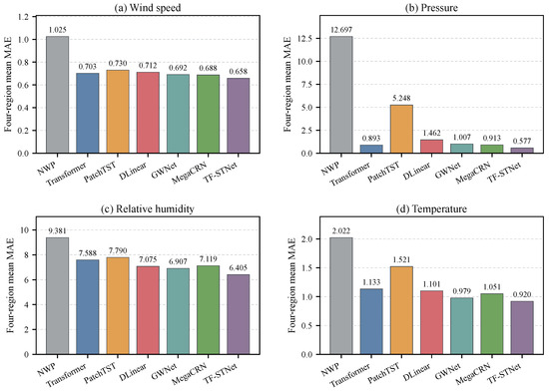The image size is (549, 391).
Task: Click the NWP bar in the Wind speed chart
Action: pyautogui.click(x=58, y=95)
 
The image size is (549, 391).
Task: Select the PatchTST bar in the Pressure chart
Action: pyautogui.click(x=401, y=129)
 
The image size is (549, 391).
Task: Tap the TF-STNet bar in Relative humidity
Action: pyautogui.click(x=239, y=314)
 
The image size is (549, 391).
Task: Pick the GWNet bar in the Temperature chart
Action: pyautogui.click(x=462, y=326)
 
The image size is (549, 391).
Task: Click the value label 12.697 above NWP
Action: pyautogui.click(x=341, y=30)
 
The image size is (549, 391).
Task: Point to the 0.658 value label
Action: pyautogui.click(x=239, y=72)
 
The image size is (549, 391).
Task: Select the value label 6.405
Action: pyautogui.click(x=239, y=268)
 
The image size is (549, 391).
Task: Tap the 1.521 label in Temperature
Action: pyautogui.click(x=401, y=260)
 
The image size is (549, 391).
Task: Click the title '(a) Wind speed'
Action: pyautogui.click(x=148, y=8)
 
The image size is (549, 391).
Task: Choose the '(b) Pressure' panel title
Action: pyautogui.click(x=431, y=8)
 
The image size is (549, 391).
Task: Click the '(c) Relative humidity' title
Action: pyautogui.click(x=148, y=209)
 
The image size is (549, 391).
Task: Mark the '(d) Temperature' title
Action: pyautogui.click(x=431, y=209)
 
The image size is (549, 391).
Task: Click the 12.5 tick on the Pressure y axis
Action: pyautogui.click(x=305, y=39)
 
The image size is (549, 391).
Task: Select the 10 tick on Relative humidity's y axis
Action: pyautogui.click(x=26, y=230)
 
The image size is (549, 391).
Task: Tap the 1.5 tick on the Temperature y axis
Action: pyautogui.click(x=308, y=268)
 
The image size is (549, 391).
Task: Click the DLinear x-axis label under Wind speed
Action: pyautogui.click(x=133, y=171)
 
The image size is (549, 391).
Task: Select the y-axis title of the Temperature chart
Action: pyautogui.click(x=292, y=285)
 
